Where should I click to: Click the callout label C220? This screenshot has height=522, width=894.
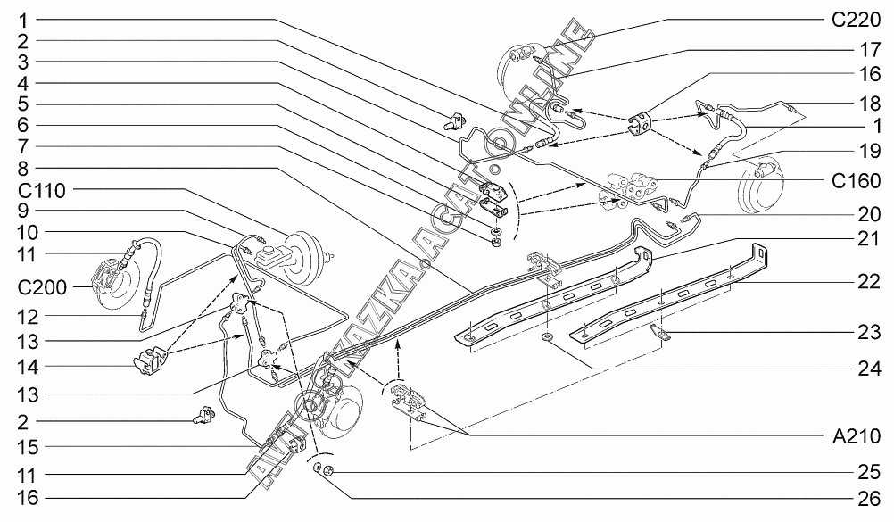(x=856, y=21)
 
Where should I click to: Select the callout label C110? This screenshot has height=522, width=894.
(x=42, y=191)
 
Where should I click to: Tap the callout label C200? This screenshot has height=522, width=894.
(x=42, y=287)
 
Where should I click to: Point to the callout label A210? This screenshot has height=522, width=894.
(x=857, y=436)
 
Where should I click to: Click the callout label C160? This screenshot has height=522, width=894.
(x=856, y=181)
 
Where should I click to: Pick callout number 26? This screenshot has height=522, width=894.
(x=870, y=499)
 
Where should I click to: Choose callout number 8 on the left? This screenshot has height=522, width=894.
(x=23, y=169)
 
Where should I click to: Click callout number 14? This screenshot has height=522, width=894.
(x=29, y=367)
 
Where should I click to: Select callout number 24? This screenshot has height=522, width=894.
(x=870, y=369)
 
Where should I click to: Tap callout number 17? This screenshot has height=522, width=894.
(x=870, y=50)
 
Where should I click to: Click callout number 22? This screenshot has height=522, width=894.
(x=870, y=281)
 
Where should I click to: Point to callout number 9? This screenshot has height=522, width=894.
(x=23, y=211)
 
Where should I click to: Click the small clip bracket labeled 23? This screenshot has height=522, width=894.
(x=661, y=333)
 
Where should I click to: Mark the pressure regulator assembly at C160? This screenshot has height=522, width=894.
(x=627, y=189)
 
